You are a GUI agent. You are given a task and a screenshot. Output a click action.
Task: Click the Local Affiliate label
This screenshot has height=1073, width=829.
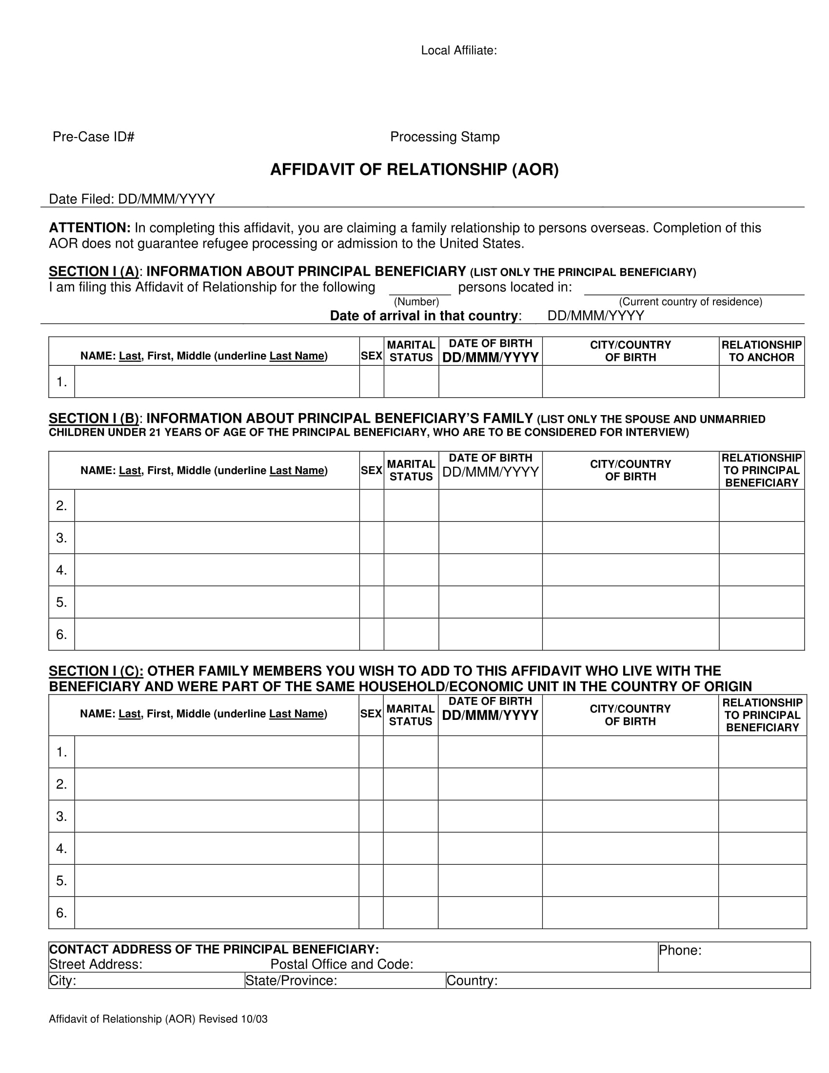pyautogui.click(x=459, y=51)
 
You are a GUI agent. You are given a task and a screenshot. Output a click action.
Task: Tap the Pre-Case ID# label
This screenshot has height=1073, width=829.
pyautogui.click(x=93, y=137)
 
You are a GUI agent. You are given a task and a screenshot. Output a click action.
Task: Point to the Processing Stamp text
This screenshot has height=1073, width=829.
pyautogui.click(x=444, y=137)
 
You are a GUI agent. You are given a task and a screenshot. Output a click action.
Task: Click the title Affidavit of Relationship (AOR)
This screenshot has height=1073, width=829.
pyautogui.click(x=414, y=170)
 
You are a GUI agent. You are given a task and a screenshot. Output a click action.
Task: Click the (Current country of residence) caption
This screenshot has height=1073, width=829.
pyautogui.click(x=690, y=301)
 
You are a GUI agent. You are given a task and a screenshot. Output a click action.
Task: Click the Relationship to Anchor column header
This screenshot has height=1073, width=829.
pyautogui.click(x=761, y=351)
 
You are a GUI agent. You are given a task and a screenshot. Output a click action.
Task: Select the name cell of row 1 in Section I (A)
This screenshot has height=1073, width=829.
pyautogui.click(x=217, y=382)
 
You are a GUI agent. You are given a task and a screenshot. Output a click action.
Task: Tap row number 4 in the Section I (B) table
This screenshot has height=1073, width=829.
pyautogui.click(x=61, y=570)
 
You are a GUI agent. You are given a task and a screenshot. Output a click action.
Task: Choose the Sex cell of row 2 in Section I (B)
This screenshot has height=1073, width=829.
pyautogui.click(x=371, y=506)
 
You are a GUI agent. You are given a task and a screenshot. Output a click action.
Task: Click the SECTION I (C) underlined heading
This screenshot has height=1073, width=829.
pyautogui.click(x=96, y=671)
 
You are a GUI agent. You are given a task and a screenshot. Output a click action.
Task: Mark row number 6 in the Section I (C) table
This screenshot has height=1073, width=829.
pyautogui.click(x=61, y=913)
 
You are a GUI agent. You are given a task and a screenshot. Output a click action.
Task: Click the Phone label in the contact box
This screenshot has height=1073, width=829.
pyautogui.click(x=680, y=951)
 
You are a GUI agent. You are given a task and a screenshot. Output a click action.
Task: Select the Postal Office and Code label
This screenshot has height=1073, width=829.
pyautogui.click(x=341, y=964)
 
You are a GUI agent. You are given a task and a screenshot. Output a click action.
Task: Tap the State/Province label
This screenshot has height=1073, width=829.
pyautogui.click(x=291, y=981)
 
